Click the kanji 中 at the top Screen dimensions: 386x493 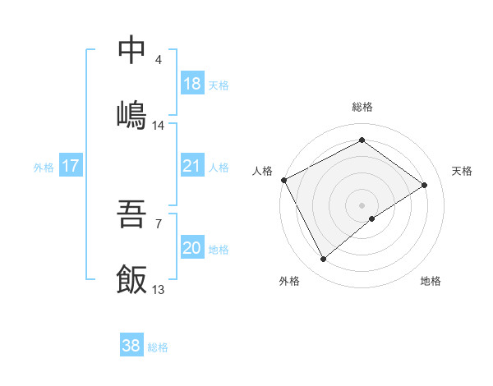point(132,51)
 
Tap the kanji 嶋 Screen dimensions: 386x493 point(132,113)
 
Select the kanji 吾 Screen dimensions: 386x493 point(132,216)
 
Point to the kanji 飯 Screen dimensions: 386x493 point(132,278)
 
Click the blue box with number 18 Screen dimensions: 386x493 point(191,84)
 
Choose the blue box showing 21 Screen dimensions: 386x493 point(191,166)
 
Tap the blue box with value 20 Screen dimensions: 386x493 point(191,248)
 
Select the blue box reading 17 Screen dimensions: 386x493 point(71,166)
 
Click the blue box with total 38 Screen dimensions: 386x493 point(131,346)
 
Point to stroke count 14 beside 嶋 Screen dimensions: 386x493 point(159,126)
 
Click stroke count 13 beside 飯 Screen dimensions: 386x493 point(159,290)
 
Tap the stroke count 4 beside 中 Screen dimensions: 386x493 point(159,60)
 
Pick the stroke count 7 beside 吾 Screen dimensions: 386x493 point(159,223)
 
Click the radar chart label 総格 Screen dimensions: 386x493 point(362,107)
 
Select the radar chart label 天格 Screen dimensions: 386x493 point(462,171)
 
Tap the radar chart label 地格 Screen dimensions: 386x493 point(431,281)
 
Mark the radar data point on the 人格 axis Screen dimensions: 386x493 point(283,179)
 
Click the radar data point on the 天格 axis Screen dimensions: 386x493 point(425,185)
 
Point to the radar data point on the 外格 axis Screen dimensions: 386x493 point(324,260)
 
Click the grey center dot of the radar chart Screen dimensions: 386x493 point(362,204)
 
